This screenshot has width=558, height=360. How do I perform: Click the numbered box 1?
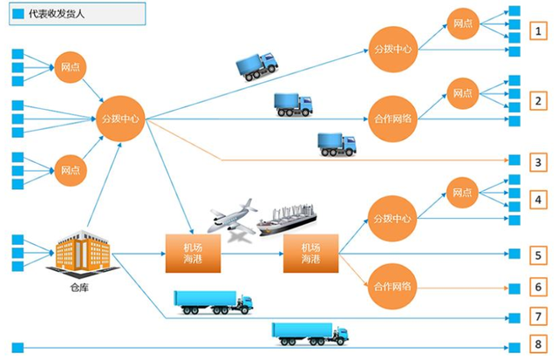coord(540,32)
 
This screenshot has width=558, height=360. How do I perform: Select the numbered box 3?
coord(540,161)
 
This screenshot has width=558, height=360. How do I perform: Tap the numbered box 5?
coord(540,255)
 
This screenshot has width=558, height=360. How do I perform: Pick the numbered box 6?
coord(540,286)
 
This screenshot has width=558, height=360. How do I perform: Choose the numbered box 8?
coord(540,343)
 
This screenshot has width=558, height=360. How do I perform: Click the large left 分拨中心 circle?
coord(120,119)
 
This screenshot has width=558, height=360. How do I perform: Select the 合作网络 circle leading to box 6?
coord(392,286)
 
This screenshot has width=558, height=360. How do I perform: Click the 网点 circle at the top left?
coord(71,66)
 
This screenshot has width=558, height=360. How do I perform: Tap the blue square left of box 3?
coord(514,161)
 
